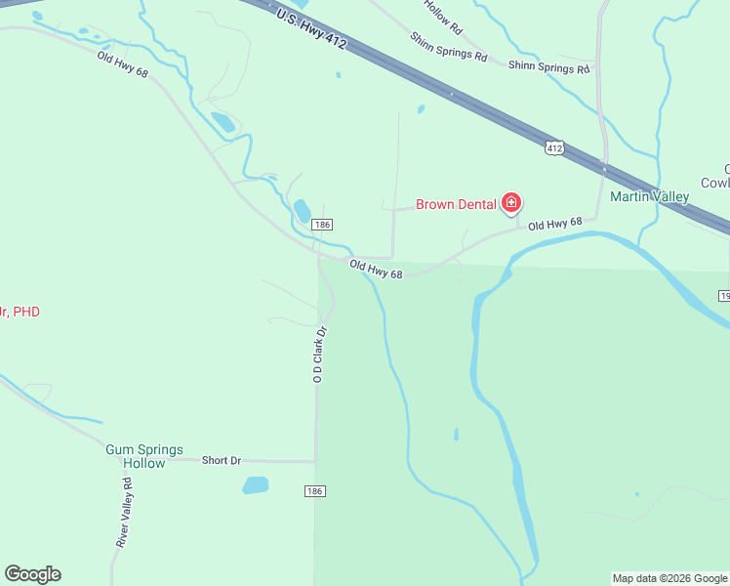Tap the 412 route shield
[x=554, y=147]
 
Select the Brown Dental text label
[x=457, y=204]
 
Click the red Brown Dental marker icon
[x=510, y=203]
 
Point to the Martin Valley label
[x=649, y=196]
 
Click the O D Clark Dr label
[x=318, y=354]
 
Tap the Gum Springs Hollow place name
[x=144, y=456]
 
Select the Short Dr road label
[x=221, y=460]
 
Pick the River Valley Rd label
[x=123, y=512]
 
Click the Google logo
[x=33, y=574]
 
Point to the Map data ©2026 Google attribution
[x=669, y=578]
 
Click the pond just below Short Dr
[x=256, y=485]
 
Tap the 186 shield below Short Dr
[x=313, y=491]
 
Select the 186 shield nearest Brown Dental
[x=323, y=225]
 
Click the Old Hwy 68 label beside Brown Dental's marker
[x=554, y=224]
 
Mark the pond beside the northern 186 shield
[x=303, y=210]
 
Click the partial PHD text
[x=20, y=312]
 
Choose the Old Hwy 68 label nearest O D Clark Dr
[x=376, y=270]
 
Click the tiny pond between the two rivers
[x=456, y=434]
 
